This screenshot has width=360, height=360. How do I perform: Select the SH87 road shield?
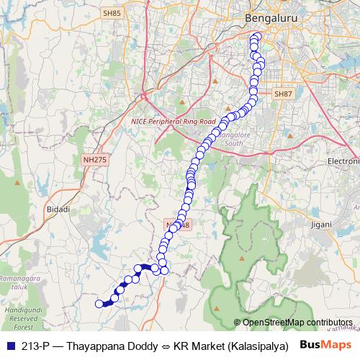284,93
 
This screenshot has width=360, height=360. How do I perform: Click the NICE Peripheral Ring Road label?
174,122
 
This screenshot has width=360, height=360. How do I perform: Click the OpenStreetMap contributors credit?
297,323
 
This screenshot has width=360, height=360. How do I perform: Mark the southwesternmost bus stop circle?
100,304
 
